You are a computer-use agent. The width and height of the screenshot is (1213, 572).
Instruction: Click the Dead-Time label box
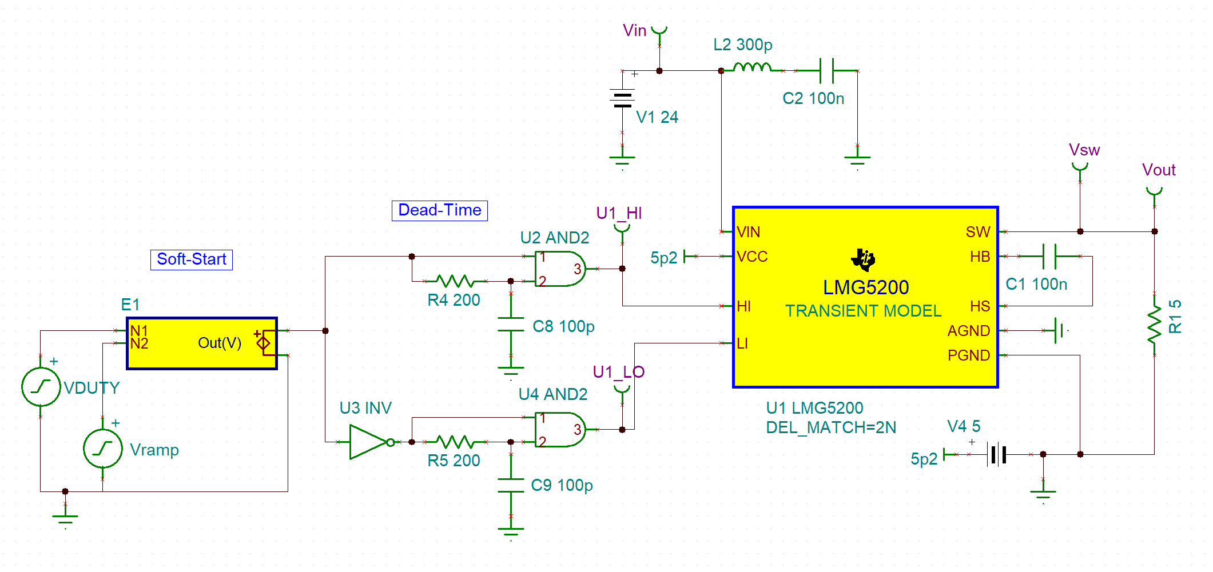coord(439,210)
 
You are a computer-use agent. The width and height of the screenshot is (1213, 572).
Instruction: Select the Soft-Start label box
coord(192,259)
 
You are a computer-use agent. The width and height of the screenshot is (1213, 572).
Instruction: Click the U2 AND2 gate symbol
coord(558,269)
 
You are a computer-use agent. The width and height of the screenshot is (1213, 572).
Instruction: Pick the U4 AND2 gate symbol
coord(558,429)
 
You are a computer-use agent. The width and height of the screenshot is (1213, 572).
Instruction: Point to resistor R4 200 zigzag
coord(455,281)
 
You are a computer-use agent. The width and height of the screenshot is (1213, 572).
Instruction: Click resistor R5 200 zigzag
coord(455,441)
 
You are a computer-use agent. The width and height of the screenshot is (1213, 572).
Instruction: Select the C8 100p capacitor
coord(511,325)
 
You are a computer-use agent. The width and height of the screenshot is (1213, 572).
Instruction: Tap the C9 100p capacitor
coord(511,485)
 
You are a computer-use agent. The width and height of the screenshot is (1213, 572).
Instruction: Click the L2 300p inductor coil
coord(752,68)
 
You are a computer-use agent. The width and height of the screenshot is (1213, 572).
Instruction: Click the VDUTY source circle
coord(41,387)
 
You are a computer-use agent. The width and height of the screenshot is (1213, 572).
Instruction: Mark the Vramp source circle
coord(103,449)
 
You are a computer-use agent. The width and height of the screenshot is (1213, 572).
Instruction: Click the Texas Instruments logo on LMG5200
coord(863,259)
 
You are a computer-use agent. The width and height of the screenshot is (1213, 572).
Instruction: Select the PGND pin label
coord(968,355)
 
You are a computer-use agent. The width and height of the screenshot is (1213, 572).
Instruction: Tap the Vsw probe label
coord(1084,150)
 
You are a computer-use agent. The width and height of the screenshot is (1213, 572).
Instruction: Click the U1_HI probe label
coord(619,213)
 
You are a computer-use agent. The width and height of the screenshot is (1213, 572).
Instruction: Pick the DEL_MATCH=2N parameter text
coord(830,427)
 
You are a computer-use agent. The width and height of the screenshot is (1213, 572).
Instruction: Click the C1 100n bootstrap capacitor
coord(1049,256)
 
